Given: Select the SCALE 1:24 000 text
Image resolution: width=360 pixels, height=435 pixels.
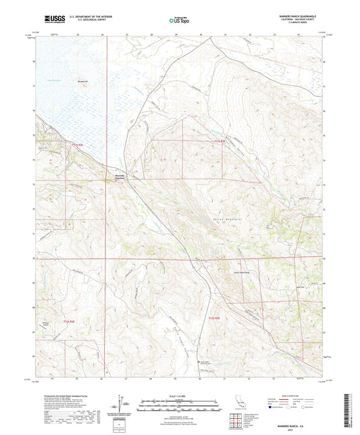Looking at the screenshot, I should click(x=179, y=394).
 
